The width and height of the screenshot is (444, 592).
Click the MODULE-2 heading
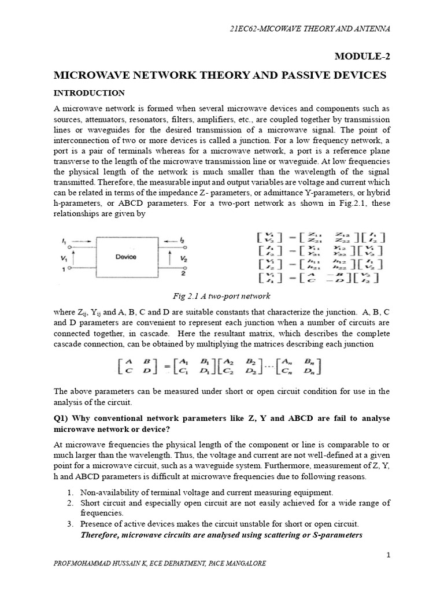[x=362, y=55]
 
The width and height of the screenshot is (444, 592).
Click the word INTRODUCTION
[x=89, y=92]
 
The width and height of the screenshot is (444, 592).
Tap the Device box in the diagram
[x=125, y=257]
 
